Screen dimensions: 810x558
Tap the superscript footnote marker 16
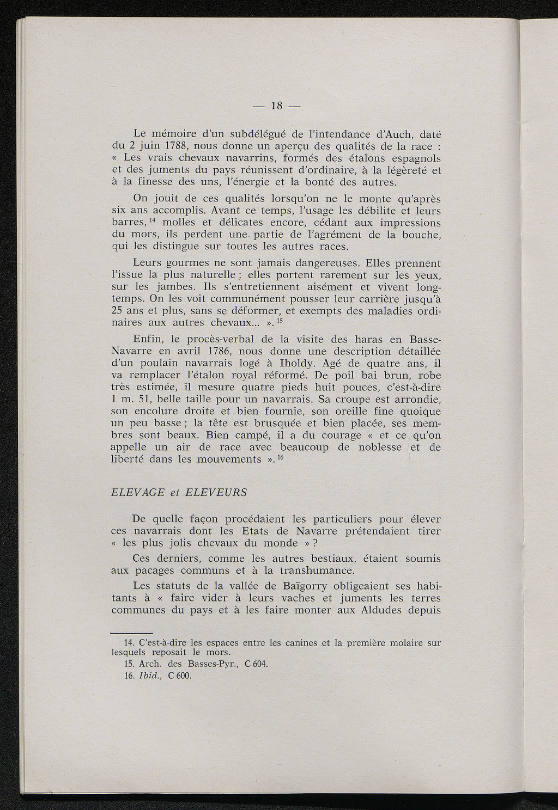[x=281, y=456]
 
